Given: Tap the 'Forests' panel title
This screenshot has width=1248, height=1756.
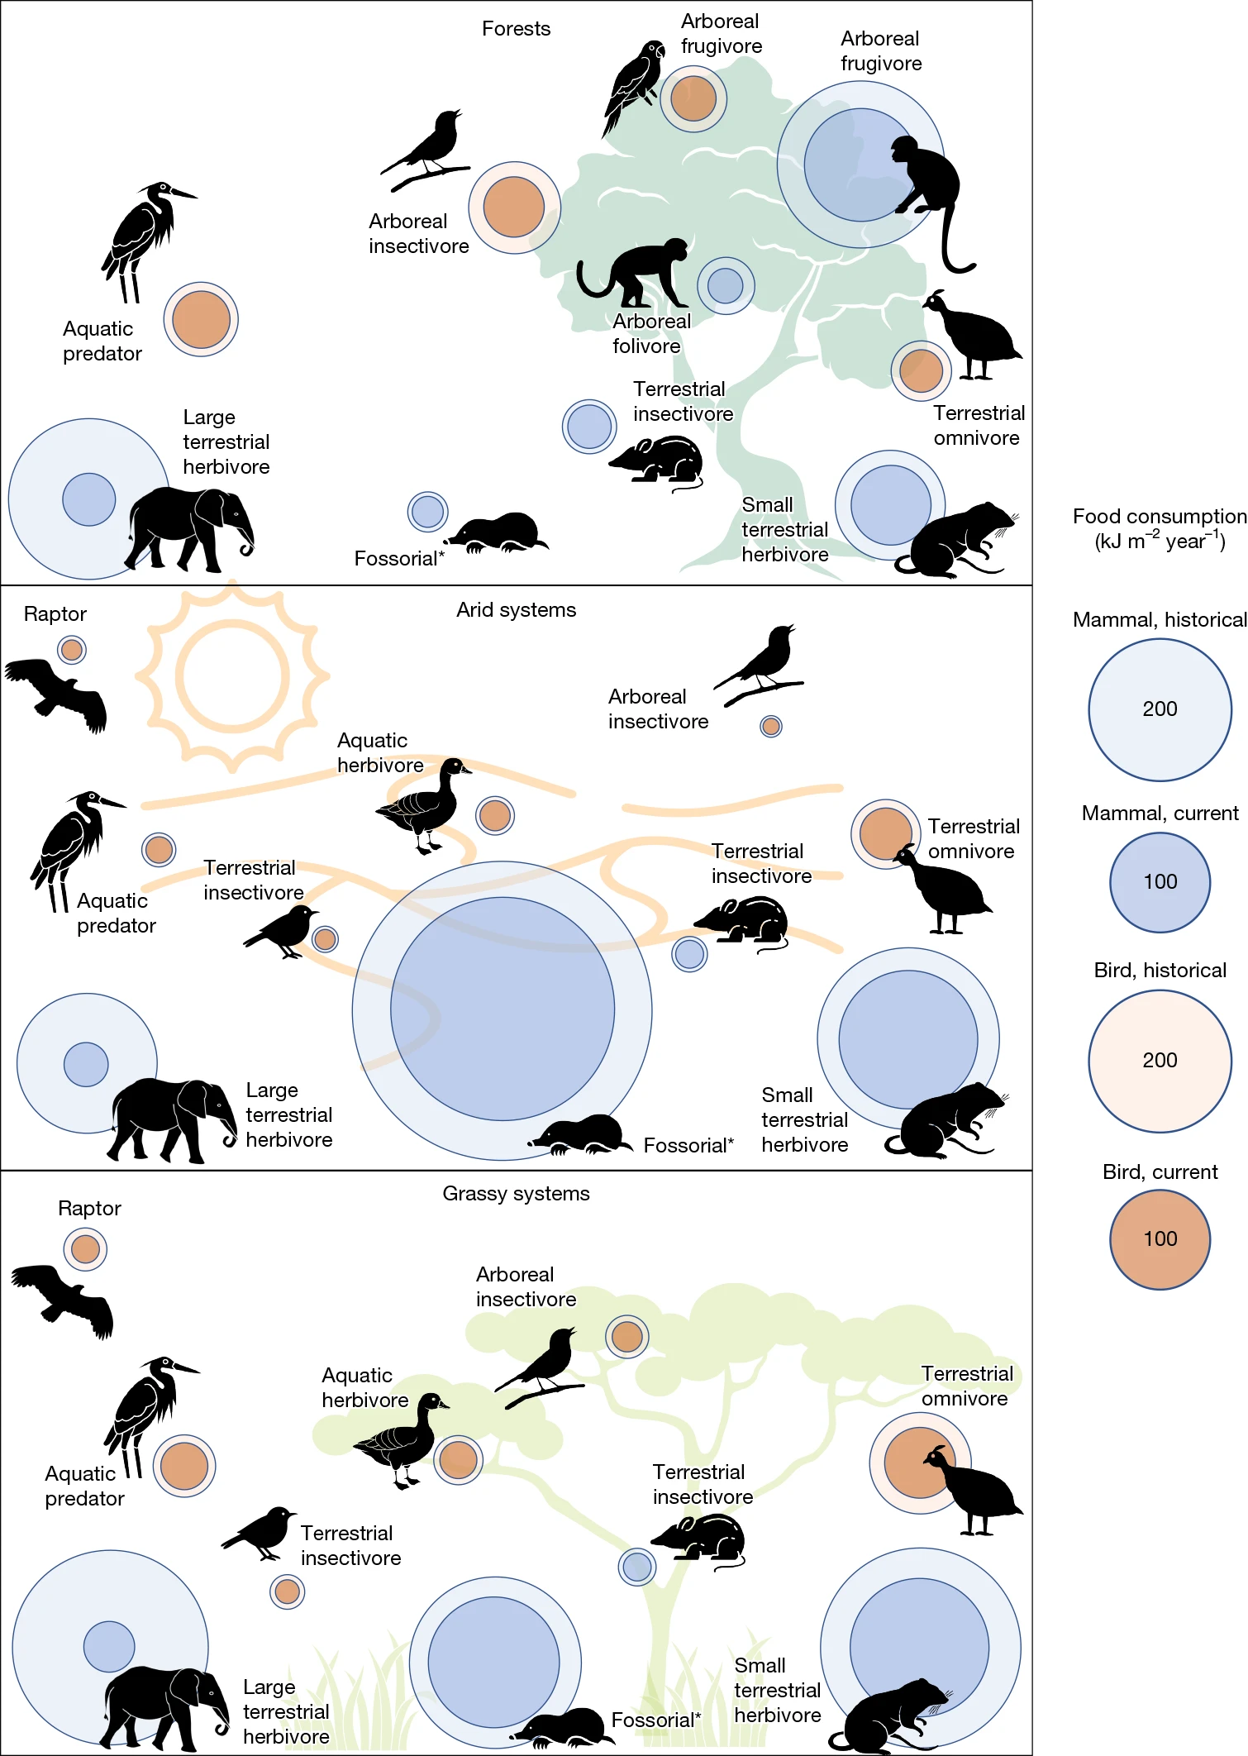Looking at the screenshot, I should click(516, 29).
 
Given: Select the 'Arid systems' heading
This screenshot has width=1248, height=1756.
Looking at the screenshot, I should click(516, 610).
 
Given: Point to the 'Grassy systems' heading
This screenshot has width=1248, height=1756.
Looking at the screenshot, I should click(516, 1194).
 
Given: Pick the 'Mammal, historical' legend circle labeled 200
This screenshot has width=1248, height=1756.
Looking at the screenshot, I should click(1160, 709).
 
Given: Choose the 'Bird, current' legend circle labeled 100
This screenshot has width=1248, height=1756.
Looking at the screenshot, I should click(1160, 1239).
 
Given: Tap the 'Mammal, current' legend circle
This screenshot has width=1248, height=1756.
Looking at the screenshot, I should click(1160, 882).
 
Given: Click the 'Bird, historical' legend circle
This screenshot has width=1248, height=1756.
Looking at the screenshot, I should click(1160, 1061).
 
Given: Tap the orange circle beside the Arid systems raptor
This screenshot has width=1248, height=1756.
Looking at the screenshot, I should click(72, 650).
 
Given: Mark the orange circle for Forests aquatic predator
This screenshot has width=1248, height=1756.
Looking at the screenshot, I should click(201, 319).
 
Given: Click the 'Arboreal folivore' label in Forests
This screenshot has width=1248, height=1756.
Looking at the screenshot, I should click(651, 334).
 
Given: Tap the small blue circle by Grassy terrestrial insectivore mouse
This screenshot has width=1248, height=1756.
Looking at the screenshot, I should click(637, 1567).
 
